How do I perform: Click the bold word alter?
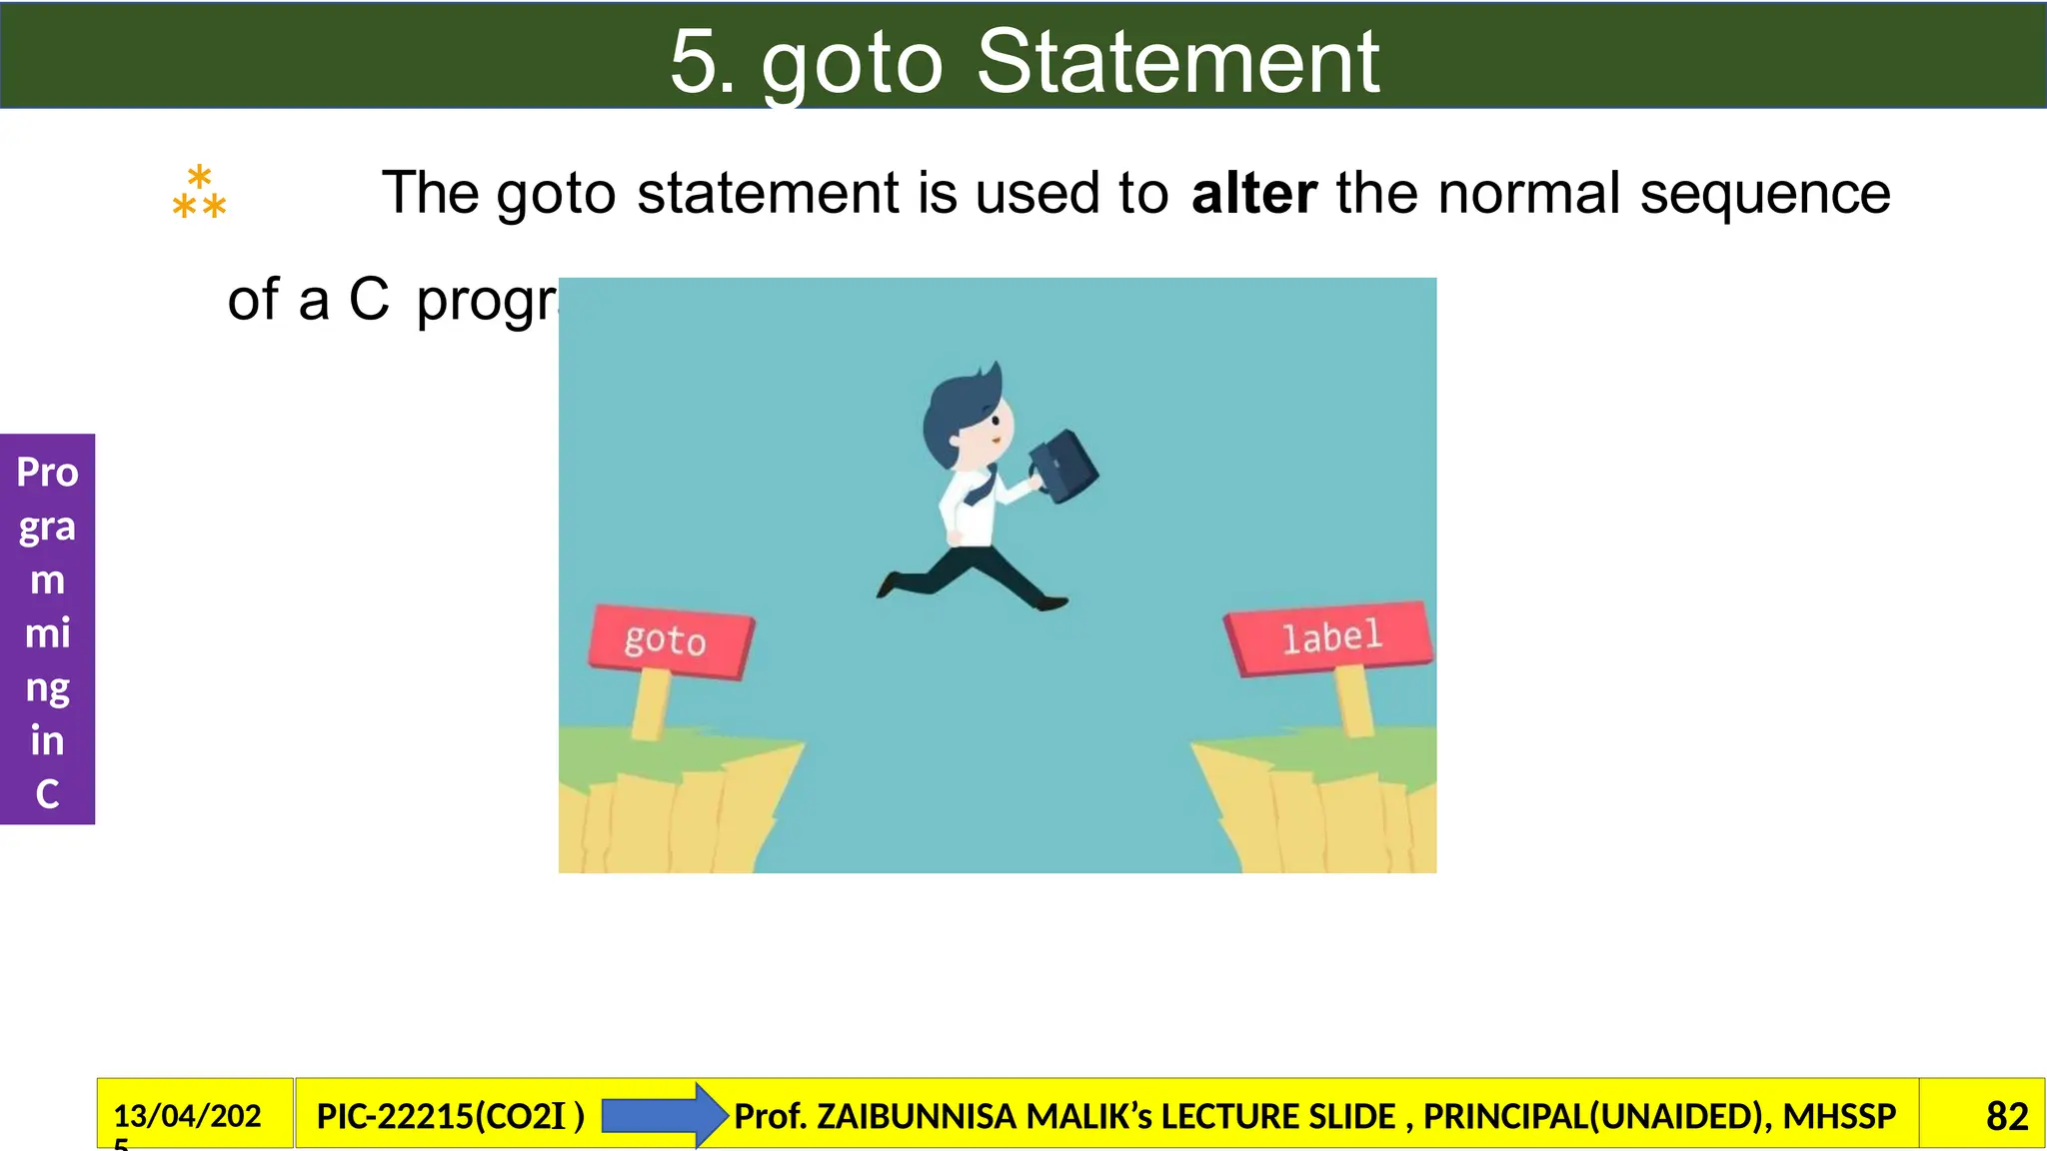pos(1253,193)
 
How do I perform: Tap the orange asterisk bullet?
pos(199,193)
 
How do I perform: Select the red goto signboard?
pos(670,640)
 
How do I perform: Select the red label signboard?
pos(1329,636)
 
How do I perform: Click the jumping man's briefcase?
pos(1065,466)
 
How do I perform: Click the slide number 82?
pos(2006,1116)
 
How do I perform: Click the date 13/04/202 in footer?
pos(187,1115)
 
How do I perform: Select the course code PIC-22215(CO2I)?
pos(450,1116)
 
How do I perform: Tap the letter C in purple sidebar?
pos(47,794)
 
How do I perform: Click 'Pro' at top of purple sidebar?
pos(47,472)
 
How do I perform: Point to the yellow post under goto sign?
pos(651,704)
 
